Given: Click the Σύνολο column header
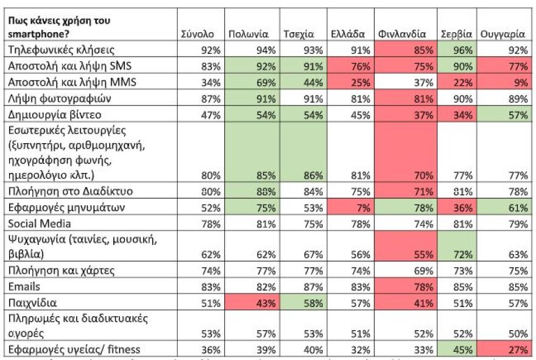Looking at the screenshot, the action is coord(197,34).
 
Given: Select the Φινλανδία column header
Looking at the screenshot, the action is coord(402,34).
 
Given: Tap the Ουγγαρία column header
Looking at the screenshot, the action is coord(503,34).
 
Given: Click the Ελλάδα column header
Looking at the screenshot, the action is coord(348,34).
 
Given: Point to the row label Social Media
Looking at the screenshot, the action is coord(40,224).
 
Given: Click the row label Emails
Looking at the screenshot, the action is coord(24,286).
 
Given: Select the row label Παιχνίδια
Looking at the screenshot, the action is coord(32,303).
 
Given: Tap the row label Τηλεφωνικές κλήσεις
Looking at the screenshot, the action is coord(61,50).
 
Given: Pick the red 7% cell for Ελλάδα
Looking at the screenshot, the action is coord(351,207).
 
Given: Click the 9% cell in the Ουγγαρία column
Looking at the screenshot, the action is coord(504,82).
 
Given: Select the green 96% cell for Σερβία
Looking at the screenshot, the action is coord(457,50).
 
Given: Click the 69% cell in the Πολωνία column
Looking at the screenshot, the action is coord(252,82).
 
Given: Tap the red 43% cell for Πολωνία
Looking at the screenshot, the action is coord(252,303).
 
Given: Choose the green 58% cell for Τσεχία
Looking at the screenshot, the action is coord(303,303).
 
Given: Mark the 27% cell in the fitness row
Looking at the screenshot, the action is coord(504,350).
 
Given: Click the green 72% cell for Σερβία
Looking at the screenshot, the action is coord(457,246).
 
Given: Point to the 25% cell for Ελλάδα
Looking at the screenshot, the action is coord(351,82).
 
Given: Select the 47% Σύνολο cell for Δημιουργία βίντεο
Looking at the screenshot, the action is coord(211,115).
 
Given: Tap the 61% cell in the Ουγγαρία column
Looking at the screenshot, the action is coord(504,207).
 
